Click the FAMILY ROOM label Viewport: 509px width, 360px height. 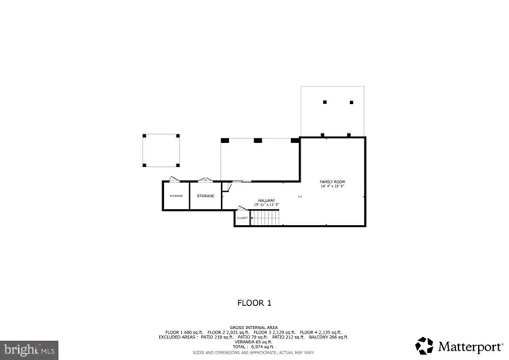[x=332, y=182]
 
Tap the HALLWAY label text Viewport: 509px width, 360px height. [x=266, y=200]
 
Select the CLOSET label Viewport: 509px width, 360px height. [x=242, y=218]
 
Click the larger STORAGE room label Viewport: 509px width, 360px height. [x=205, y=195]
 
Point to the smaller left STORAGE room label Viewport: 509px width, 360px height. [x=176, y=195]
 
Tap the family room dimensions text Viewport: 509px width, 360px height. [x=332, y=187]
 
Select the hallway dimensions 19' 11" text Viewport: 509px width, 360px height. [x=266, y=205]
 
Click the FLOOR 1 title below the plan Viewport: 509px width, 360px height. [x=254, y=303]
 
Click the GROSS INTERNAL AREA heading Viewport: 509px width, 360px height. [x=254, y=327]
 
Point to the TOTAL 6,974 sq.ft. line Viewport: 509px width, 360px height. [x=254, y=346]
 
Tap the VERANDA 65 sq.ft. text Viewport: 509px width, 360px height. [x=254, y=342]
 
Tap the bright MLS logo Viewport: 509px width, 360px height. [x=30, y=348]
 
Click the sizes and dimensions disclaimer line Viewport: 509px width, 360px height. [x=254, y=352]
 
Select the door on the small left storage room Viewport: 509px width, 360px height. [x=173, y=180]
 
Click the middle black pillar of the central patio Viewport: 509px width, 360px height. [x=258, y=141]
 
